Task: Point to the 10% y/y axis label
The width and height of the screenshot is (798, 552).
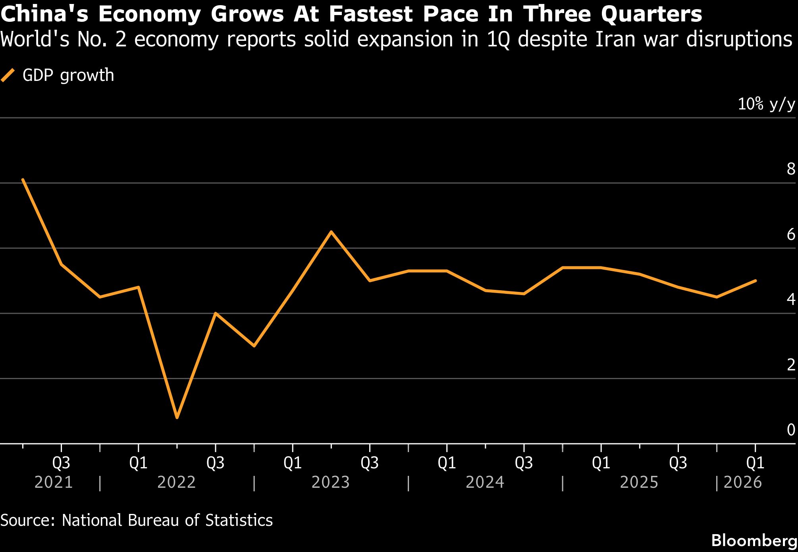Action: (x=766, y=104)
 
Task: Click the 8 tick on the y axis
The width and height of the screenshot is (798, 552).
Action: (x=791, y=169)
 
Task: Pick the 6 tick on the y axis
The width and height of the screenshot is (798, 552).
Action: (x=791, y=235)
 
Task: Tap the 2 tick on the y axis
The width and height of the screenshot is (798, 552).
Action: (x=791, y=365)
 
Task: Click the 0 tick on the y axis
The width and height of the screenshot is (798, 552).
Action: (x=791, y=430)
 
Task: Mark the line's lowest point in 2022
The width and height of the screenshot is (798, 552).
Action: (x=177, y=417)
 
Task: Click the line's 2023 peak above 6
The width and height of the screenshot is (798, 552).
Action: (x=331, y=232)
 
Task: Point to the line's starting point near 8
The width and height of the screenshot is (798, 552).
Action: (x=23, y=180)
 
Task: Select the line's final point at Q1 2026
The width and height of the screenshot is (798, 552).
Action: (x=755, y=281)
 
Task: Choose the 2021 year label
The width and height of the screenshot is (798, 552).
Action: (x=54, y=483)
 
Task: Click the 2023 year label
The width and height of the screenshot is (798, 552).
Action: (x=330, y=483)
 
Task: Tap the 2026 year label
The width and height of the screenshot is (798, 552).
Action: (x=742, y=483)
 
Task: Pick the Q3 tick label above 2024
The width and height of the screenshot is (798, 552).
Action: (x=524, y=463)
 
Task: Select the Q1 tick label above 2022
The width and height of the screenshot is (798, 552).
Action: (x=138, y=463)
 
